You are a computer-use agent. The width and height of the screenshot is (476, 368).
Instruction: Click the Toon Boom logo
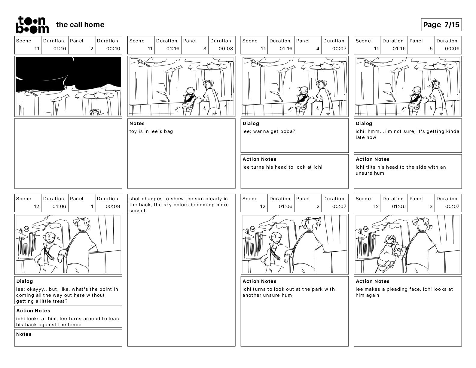(x=32, y=25)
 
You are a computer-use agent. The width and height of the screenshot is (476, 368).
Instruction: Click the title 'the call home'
(x=80, y=25)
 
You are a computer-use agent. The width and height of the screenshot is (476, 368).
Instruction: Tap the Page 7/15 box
(x=441, y=25)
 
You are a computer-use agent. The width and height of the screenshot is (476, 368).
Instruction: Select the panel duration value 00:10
(x=113, y=49)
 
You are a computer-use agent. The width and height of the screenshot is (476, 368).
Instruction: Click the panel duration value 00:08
(x=226, y=49)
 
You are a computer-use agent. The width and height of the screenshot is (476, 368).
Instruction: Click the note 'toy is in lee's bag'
(x=151, y=131)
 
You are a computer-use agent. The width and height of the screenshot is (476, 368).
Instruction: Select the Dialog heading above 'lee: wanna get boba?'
(x=251, y=123)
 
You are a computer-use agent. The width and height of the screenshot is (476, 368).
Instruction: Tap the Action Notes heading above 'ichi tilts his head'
(x=373, y=159)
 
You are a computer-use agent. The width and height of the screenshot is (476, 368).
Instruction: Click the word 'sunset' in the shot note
(x=137, y=211)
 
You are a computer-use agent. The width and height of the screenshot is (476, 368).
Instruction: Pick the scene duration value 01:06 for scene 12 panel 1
(x=59, y=207)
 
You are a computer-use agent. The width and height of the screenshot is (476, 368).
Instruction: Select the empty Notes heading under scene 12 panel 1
(x=24, y=334)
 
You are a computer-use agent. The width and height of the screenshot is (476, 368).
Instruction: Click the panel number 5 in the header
(x=431, y=49)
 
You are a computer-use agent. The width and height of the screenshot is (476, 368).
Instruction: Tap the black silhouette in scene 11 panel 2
(x=68, y=73)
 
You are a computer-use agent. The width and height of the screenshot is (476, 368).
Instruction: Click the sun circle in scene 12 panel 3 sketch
(x=366, y=229)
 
